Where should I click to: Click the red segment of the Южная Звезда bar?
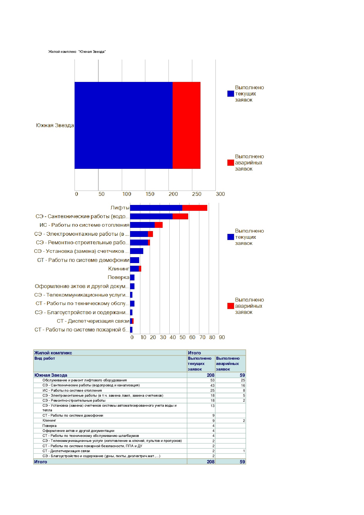[x=186, y=125]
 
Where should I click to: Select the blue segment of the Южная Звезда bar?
[x=124, y=125]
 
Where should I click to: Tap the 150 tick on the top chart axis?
[x=150, y=194]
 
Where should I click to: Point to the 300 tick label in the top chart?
[x=220, y=194]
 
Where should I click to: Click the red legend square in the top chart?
[x=231, y=163]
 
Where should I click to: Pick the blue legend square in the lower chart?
[x=231, y=237]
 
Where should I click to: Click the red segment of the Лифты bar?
[x=195, y=208]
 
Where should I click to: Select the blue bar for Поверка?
[x=132, y=277]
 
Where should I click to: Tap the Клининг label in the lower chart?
[x=119, y=269]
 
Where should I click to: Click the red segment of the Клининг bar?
[x=140, y=269]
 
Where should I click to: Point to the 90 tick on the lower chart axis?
[x=222, y=337]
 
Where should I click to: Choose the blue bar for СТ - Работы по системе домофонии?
[x=135, y=260]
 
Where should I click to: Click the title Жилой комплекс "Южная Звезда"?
[x=77, y=52]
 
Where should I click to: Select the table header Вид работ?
[x=45, y=359]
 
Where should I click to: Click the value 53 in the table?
[x=213, y=380]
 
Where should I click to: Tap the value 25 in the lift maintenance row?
[x=243, y=380]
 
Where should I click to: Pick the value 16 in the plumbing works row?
[x=243, y=386]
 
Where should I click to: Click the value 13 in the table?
[x=213, y=406]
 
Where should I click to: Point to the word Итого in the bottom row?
[x=41, y=462]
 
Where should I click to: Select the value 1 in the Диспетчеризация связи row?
[x=244, y=451]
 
